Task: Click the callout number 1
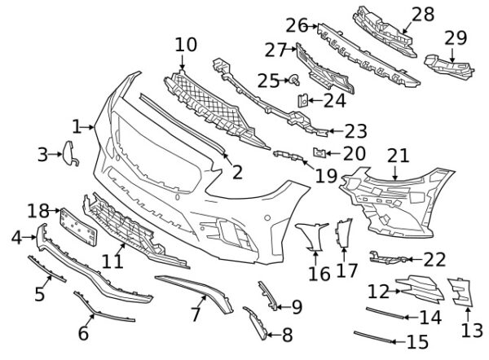point(77,127)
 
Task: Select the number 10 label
point(186,43)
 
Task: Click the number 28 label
point(423,14)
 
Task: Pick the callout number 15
point(417,342)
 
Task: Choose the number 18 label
point(38,211)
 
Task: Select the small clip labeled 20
point(320,152)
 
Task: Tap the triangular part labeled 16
point(316,237)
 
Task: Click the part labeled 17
point(343,234)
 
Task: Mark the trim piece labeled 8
point(255,322)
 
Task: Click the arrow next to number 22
point(414,260)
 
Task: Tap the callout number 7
point(196,314)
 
